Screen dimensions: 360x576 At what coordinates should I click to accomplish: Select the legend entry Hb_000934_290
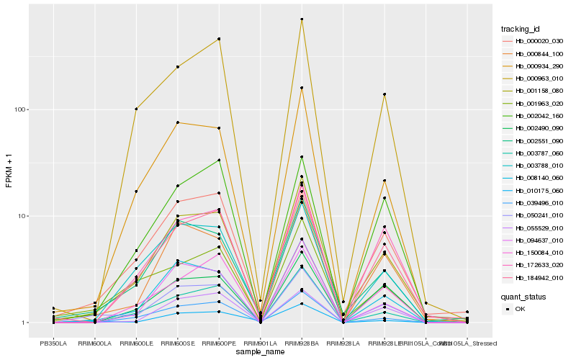coord(538,65)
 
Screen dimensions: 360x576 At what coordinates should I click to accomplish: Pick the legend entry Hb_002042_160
coord(538,115)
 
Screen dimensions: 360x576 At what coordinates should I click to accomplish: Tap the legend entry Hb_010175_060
coord(538,190)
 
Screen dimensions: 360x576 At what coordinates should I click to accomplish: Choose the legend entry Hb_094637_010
coord(538,240)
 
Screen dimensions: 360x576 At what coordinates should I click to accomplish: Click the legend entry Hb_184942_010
coord(538,278)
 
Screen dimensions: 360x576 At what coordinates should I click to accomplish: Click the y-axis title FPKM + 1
coord(9,170)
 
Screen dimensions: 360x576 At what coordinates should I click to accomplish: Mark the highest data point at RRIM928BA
coord(302,19)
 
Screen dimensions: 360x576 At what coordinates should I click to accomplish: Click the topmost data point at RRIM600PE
coord(219,39)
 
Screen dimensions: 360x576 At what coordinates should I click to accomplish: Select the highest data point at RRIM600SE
coord(178,67)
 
